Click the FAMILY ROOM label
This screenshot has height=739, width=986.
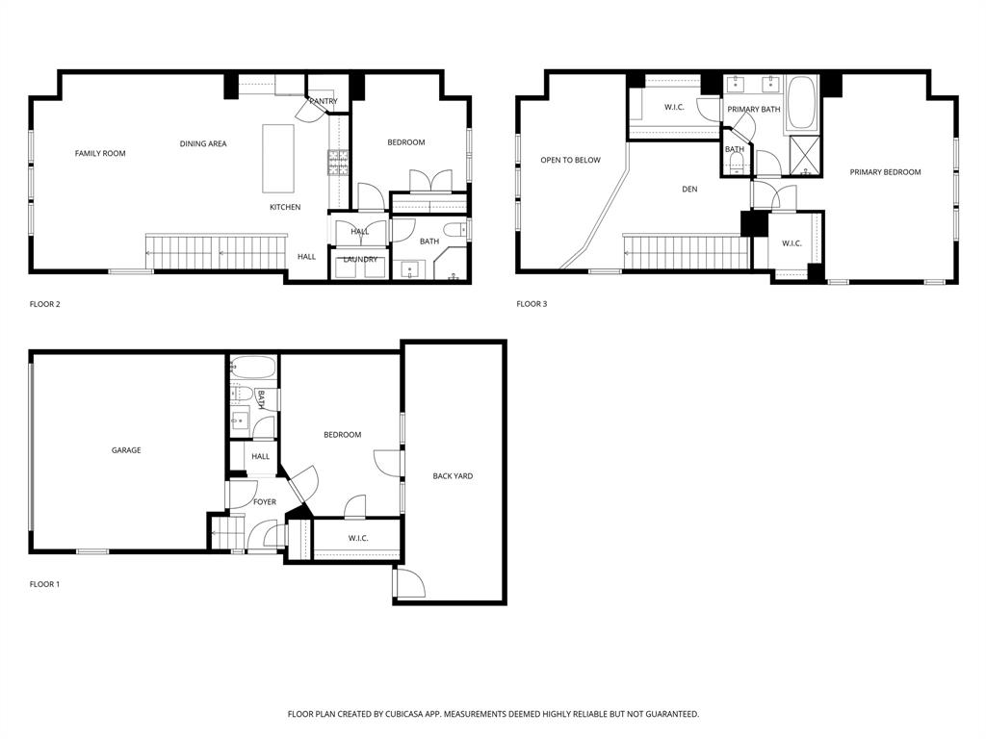[100, 153]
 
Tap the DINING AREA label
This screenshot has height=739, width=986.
[203, 143]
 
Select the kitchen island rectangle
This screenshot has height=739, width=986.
[278, 158]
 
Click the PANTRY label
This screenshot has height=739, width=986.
[323, 101]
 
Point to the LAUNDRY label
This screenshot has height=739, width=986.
[359, 259]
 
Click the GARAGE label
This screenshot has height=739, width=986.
[126, 449]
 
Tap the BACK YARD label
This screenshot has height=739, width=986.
[453, 475]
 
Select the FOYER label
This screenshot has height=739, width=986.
[265, 501]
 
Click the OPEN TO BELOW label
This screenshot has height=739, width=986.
[570, 160]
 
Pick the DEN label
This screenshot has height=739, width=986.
[689, 189]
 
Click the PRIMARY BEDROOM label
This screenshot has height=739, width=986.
[885, 172]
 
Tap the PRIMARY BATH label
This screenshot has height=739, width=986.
[754, 109]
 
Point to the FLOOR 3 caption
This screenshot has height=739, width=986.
[532, 304]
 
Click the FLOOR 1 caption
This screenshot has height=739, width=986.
[44, 583]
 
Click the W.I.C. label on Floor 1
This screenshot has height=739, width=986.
[358, 538]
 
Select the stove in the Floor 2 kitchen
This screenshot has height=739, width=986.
[337, 165]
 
